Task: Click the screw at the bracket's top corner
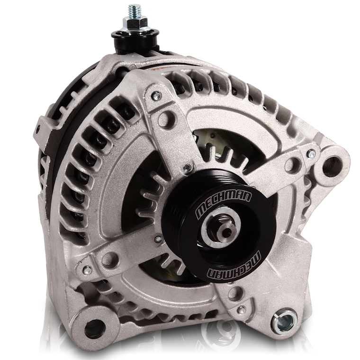coord(153,98)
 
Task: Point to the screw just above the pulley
coord(189,166)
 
